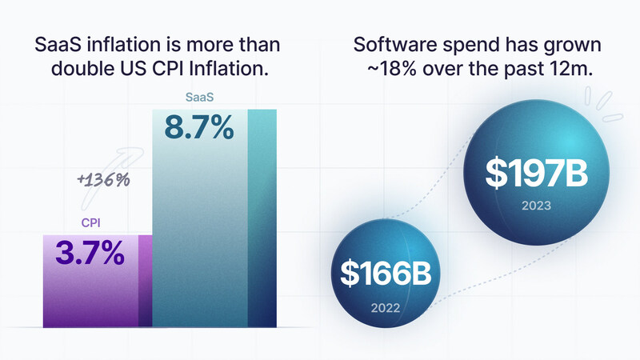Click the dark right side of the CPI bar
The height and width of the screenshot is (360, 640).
coord(145,280)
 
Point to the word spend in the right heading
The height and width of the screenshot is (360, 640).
coord(463,44)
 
